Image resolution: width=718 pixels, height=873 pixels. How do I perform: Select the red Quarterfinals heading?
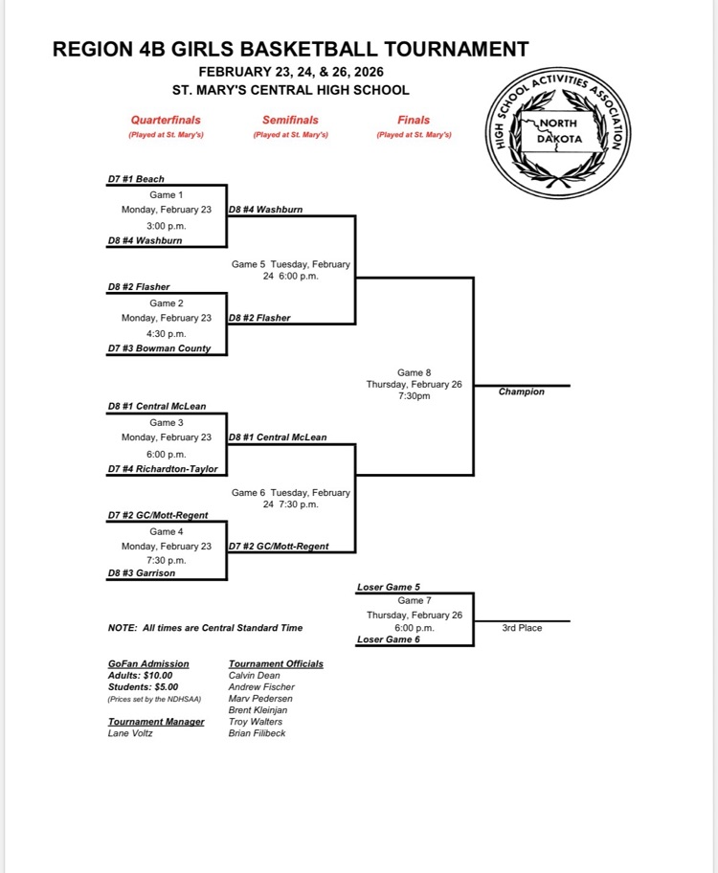166,121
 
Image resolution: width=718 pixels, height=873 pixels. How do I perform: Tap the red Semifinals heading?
290,121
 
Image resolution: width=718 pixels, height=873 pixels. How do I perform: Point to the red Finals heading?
414,121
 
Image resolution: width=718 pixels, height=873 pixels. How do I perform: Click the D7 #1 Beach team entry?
136,179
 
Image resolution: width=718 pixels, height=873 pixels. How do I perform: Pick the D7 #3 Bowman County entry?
159,349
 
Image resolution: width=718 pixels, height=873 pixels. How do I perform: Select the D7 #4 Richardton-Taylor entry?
163,469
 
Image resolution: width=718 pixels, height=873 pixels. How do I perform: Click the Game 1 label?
166,195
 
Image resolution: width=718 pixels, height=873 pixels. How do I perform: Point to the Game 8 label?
414,372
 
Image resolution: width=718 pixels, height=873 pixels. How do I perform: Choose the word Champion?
522,392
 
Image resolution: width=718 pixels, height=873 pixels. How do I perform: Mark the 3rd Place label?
522,628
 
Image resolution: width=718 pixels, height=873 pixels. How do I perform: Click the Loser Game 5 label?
389,588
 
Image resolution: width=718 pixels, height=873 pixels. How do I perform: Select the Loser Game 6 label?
389,639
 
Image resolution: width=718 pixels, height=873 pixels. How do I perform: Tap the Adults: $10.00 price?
141,675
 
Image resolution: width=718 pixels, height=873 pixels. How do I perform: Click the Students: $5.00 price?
143,686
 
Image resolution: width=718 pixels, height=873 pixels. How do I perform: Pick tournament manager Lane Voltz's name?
130,733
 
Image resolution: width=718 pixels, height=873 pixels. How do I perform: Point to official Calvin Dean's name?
254,675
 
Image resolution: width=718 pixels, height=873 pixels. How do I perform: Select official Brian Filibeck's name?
257,733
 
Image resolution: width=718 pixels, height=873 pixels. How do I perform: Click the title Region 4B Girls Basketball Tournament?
291,49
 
